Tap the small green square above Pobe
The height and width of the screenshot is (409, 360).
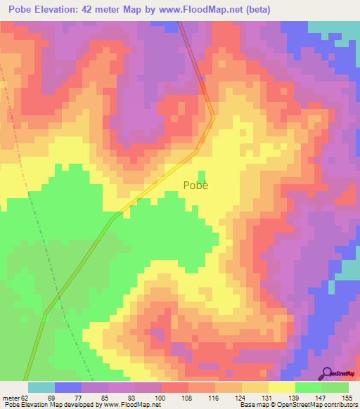click(x=202, y=176)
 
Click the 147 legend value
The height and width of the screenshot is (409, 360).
click(x=322, y=397)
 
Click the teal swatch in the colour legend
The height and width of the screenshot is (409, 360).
click(x=41, y=387)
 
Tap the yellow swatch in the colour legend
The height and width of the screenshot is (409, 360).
click(x=282, y=387)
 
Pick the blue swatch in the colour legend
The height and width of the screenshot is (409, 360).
click(x=68, y=387)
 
